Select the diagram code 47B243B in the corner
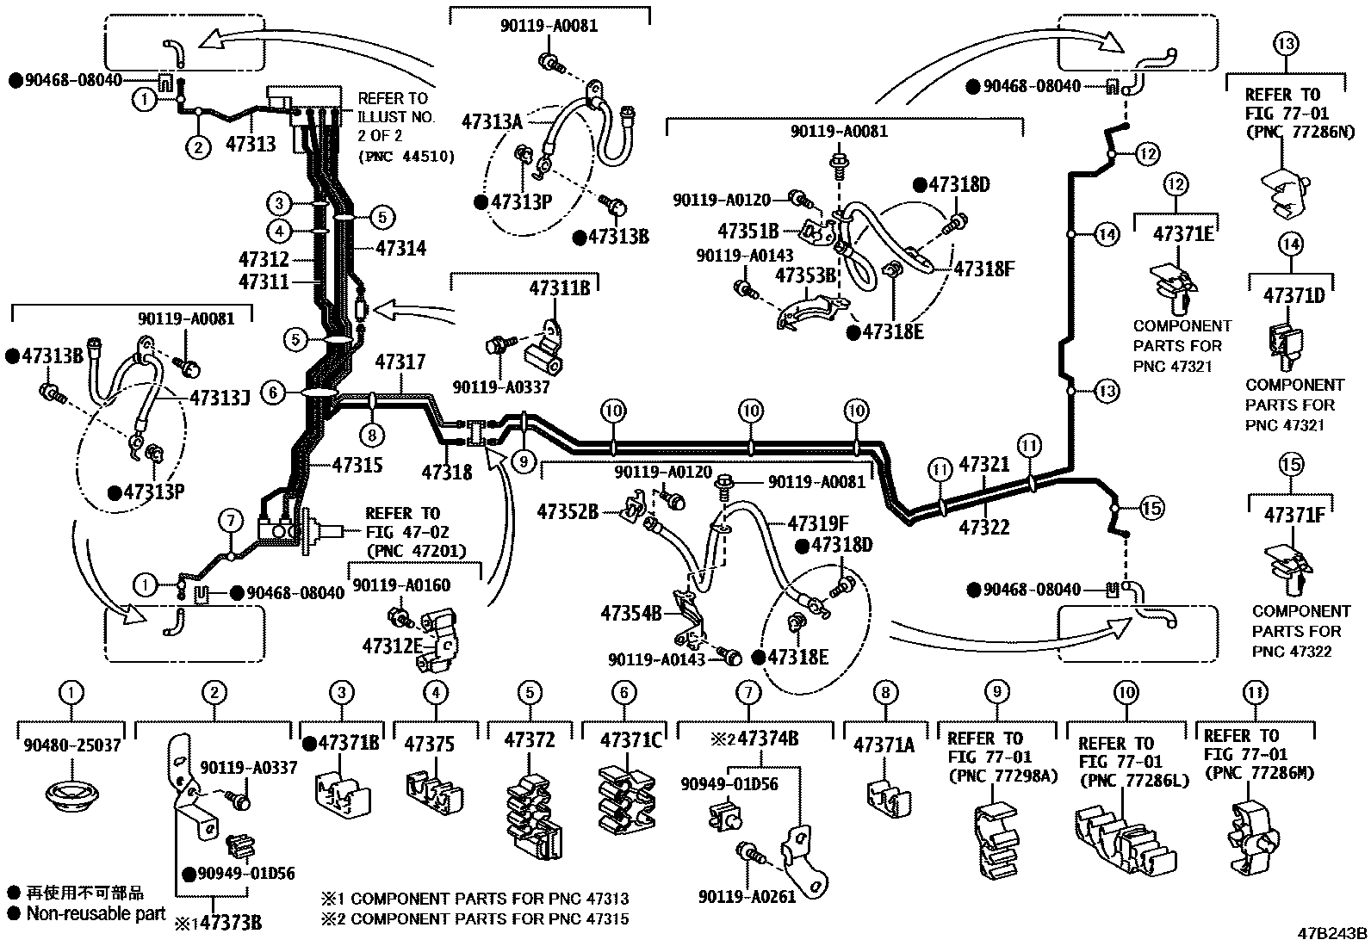pyautogui.click(x=1332, y=933)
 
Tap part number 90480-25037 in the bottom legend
pyautogui.click(x=72, y=745)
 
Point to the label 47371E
pyautogui.click(x=1182, y=234)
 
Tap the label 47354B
pyautogui.click(x=631, y=613)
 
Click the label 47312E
pyautogui.click(x=393, y=646)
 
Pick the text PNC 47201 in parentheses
pyautogui.click(x=416, y=551)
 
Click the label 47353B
pyautogui.click(x=806, y=275)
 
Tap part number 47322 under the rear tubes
pyautogui.click(x=983, y=527)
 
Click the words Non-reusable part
pyautogui.click(x=96, y=913)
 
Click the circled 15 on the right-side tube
pyautogui.click(x=1151, y=509)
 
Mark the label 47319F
pyautogui.click(x=818, y=523)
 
